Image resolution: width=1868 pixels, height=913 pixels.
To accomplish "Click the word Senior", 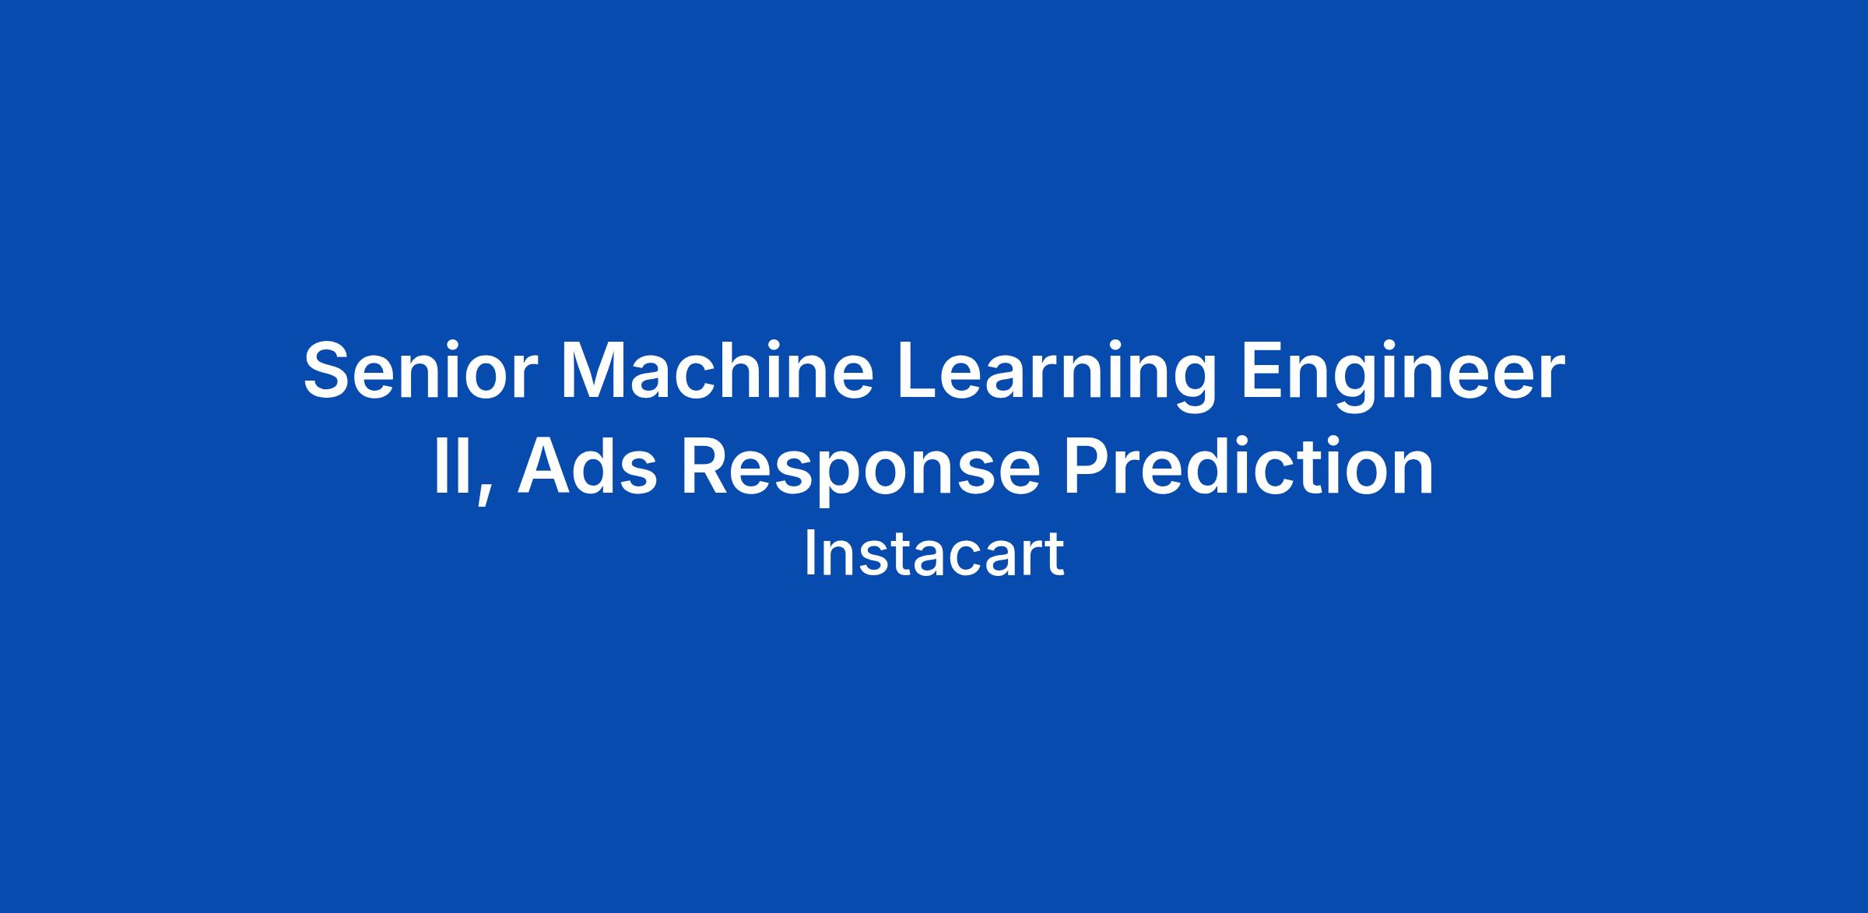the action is pos(420,371).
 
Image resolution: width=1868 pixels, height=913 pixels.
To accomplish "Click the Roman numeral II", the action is pos(453,466).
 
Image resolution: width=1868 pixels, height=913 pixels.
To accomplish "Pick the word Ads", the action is pos(587,466).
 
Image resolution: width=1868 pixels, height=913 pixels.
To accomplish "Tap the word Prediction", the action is pos(1248,466).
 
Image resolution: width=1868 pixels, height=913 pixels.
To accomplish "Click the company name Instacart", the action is pos(933,554).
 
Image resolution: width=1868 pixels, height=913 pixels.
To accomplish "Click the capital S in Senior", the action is pos(329,371).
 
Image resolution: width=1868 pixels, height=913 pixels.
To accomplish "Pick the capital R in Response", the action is pos(708,466).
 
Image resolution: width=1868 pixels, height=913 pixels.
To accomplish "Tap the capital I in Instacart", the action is pos(809,554).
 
